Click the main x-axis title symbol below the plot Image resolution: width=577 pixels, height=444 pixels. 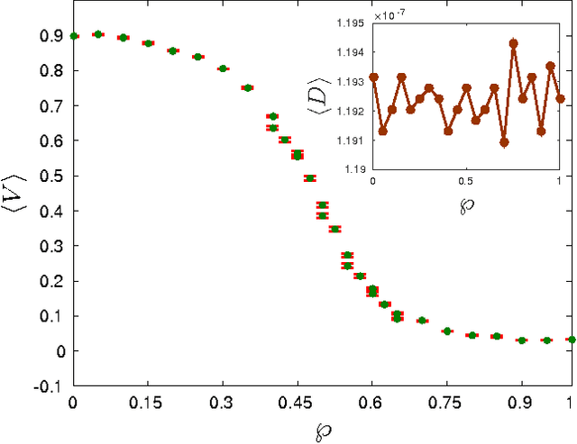click(321, 430)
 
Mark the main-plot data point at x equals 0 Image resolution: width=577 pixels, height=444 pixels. click(74, 36)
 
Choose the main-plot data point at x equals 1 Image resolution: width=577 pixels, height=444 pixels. click(570, 340)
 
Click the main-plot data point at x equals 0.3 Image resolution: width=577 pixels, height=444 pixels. click(223, 68)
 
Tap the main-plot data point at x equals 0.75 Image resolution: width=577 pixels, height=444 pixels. click(446, 331)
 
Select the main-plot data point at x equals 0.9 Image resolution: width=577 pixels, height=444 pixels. click(520, 340)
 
